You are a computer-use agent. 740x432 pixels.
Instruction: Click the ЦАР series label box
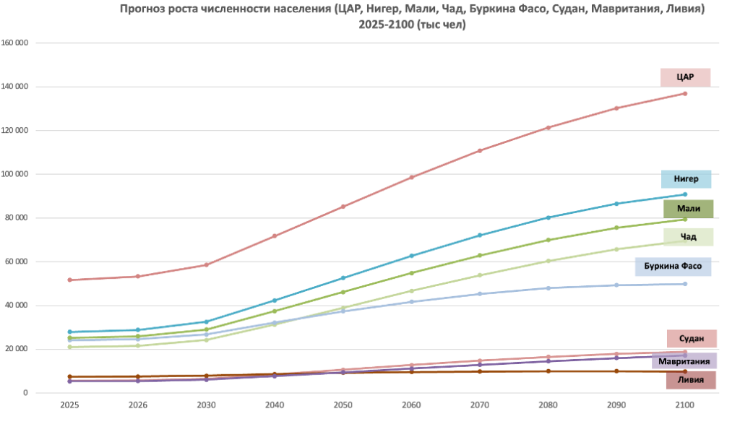[x=685, y=77]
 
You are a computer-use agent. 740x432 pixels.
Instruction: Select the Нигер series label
[x=686, y=179]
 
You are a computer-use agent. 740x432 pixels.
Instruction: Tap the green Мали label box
[x=688, y=209]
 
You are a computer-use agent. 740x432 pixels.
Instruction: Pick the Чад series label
[x=688, y=237]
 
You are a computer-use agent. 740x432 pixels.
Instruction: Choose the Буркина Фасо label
[x=673, y=267]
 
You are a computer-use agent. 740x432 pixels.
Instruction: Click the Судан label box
[x=692, y=339]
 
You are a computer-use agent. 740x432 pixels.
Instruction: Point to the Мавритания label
[x=684, y=360]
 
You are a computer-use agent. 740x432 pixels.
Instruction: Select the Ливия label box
[x=690, y=380]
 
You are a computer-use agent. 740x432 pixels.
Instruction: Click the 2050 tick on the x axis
[x=343, y=406]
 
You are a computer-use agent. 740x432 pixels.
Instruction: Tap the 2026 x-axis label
[x=138, y=406]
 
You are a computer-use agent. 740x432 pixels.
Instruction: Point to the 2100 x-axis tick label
[x=684, y=406]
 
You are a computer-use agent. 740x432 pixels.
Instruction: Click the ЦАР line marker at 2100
[x=684, y=93]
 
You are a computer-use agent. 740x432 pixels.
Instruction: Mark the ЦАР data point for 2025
[x=69, y=280]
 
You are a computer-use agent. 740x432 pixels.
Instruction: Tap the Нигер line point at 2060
[x=411, y=256]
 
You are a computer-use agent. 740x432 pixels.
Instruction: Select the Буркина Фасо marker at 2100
[x=684, y=284]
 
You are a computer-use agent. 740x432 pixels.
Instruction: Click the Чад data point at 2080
[x=548, y=261]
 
